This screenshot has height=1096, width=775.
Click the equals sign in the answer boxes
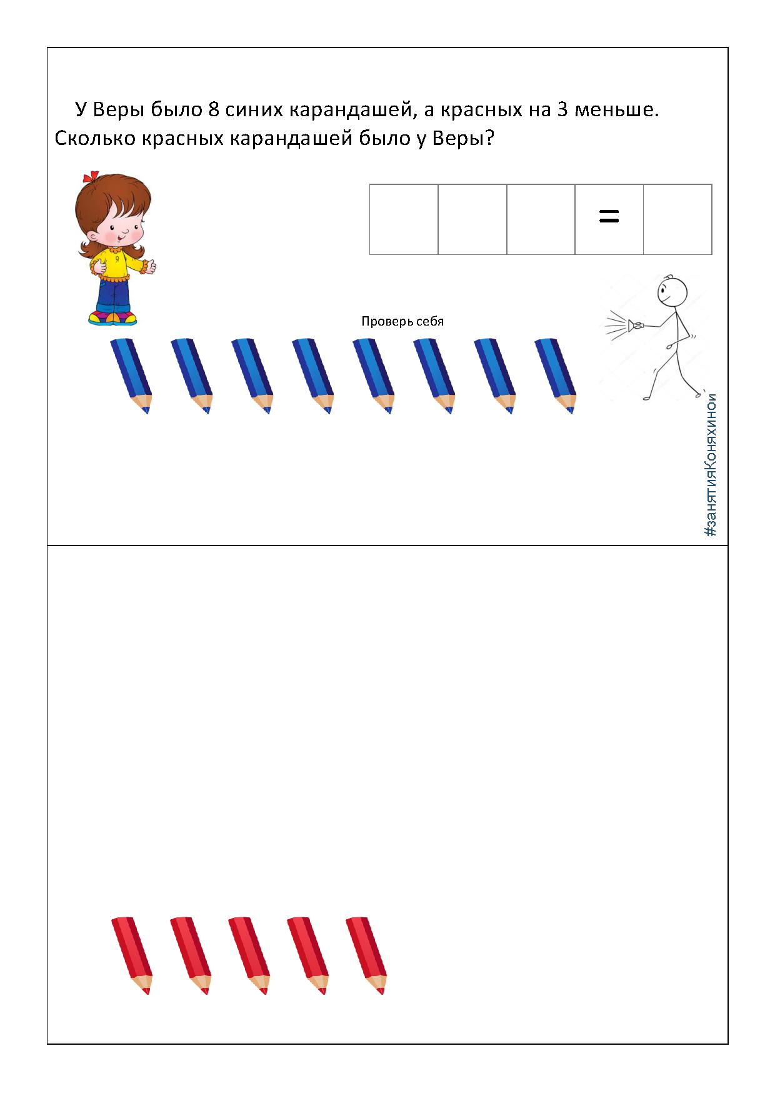click(609, 217)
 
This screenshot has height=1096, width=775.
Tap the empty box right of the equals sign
click(677, 219)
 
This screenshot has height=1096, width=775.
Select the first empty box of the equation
click(404, 219)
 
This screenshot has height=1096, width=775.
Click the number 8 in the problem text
click(213, 110)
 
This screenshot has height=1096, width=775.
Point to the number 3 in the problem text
click(562, 110)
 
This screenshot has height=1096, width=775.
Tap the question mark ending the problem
click(489, 137)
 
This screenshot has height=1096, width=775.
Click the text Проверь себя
click(402, 322)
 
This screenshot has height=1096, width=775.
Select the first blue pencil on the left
click(131, 376)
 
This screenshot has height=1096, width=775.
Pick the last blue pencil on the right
click(556, 376)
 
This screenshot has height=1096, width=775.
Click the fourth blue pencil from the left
click(313, 376)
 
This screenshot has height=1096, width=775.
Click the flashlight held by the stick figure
click(636, 324)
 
